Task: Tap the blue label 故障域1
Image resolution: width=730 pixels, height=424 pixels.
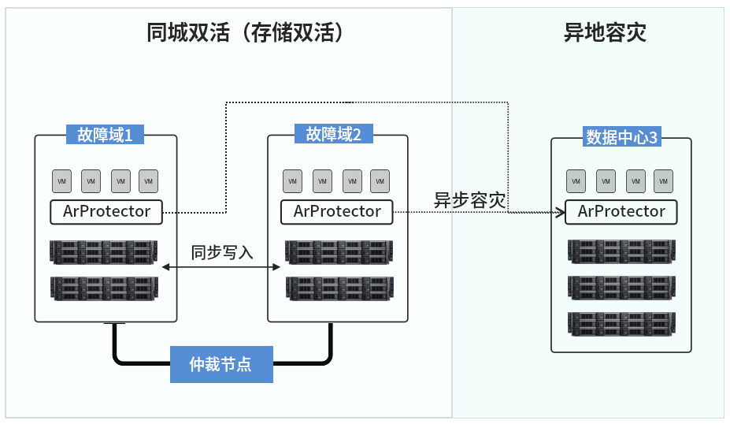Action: click(105, 135)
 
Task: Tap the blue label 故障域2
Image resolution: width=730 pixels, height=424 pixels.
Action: click(334, 135)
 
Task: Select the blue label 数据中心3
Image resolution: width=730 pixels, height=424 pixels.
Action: click(621, 138)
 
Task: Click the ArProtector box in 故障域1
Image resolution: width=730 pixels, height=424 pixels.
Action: click(106, 211)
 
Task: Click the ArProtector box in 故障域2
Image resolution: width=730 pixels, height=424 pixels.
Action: click(337, 211)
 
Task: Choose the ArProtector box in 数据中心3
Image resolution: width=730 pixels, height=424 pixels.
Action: click(621, 211)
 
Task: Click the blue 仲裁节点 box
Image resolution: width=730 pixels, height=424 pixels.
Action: click(221, 365)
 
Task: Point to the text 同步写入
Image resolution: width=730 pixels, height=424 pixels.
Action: click(222, 253)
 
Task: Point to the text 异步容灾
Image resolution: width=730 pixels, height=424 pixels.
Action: click(469, 199)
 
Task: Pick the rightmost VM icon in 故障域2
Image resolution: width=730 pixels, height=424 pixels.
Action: click(379, 181)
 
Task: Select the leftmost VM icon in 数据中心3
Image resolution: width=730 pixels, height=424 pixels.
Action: click(576, 181)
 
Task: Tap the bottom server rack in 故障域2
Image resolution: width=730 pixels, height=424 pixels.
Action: click(339, 288)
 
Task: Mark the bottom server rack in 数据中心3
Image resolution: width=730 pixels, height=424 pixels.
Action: click(621, 325)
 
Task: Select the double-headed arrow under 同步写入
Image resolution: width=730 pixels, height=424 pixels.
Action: click(221, 268)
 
